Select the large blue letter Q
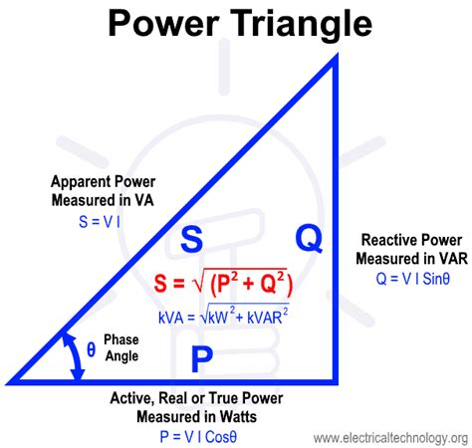310,238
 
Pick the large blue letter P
202,358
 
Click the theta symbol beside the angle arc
91,349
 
